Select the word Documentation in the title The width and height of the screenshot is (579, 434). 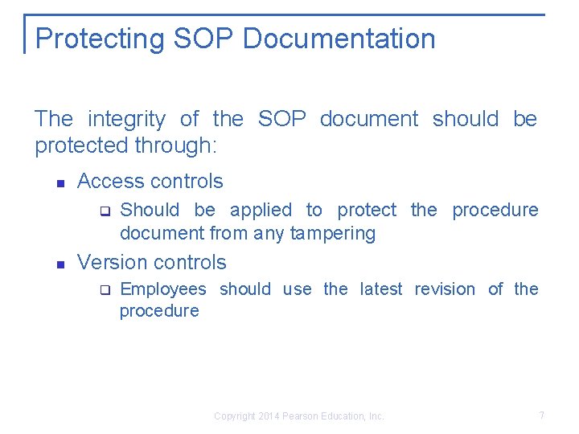point(338,39)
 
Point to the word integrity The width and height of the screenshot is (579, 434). point(126,120)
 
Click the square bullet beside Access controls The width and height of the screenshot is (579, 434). point(60,183)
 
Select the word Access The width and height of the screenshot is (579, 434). point(109,182)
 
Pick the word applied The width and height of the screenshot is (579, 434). point(261,211)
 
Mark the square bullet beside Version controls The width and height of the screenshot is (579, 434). point(60,264)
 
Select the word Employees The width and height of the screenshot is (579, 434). point(162,289)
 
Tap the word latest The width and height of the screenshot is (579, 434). point(380,289)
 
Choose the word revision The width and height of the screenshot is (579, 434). point(445,289)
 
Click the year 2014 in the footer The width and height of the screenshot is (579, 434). point(270,416)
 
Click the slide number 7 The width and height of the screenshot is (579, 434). point(541,416)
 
